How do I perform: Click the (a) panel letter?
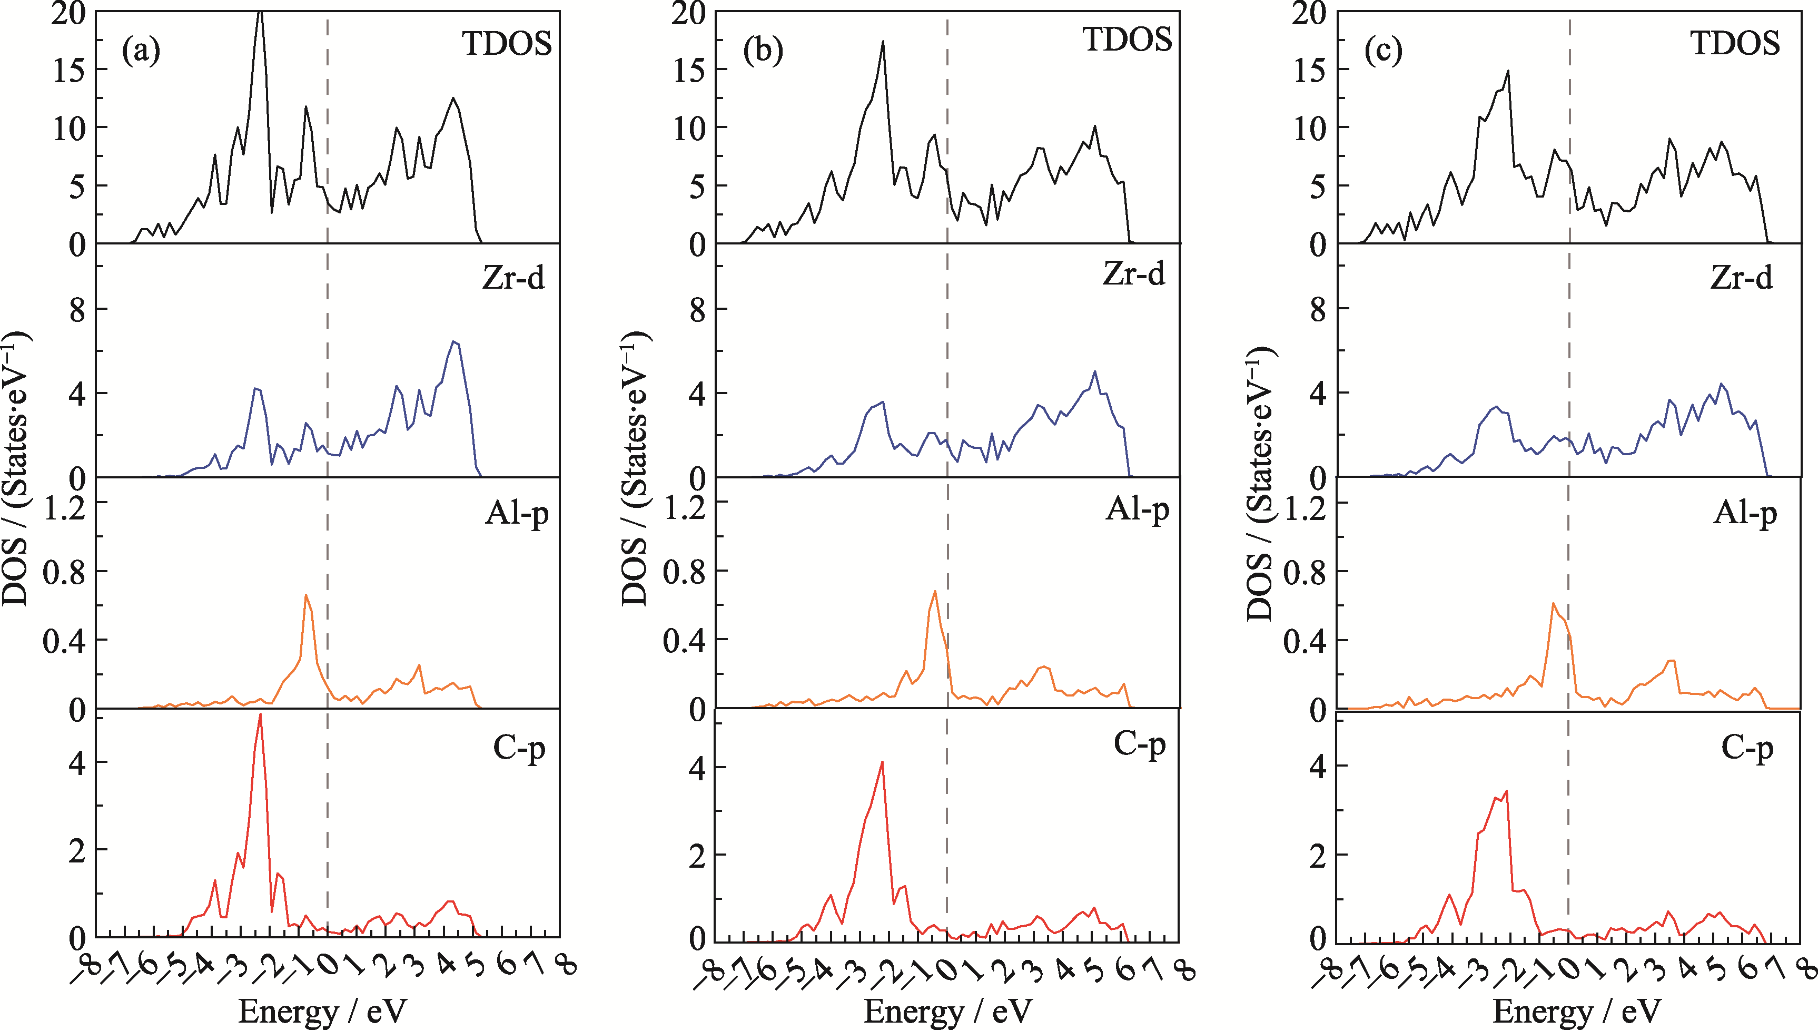(141, 51)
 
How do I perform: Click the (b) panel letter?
(762, 51)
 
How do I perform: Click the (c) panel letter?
(1383, 51)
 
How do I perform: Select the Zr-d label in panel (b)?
(1133, 274)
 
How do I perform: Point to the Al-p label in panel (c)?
(1744, 512)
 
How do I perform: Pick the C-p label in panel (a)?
(519, 747)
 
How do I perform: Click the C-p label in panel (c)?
(1746, 747)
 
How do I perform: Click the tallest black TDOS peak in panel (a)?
(260, 13)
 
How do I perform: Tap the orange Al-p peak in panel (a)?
(306, 595)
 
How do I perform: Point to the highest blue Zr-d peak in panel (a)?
(454, 342)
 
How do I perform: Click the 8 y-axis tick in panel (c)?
(1317, 310)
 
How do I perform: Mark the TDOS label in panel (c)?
(1735, 44)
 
